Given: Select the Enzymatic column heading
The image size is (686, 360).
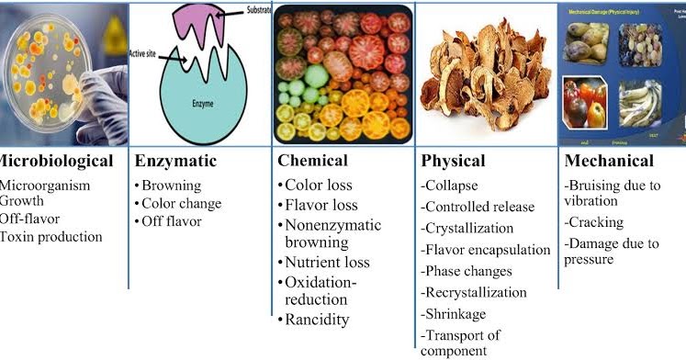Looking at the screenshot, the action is pos(175,162).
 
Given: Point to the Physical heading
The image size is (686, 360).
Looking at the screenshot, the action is pos(453,162).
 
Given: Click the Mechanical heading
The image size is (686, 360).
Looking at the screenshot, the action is pos(610,162).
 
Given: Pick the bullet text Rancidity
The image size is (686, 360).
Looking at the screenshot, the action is pos(318,320).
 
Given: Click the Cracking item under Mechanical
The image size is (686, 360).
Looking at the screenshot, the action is pos(597,222).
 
